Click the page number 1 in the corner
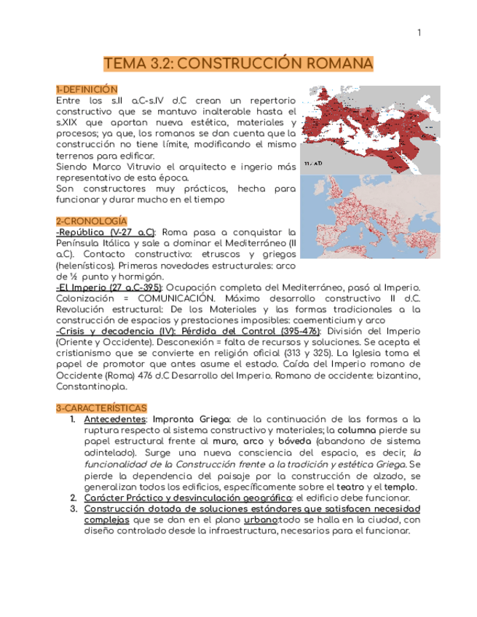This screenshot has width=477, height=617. pos(419,33)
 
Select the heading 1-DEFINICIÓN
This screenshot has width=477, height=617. pos(86,89)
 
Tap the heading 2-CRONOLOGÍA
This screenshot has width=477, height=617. pos(91,220)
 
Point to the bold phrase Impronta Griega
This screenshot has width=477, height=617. pos(189,419)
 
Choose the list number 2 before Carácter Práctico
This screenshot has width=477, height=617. pos(74,498)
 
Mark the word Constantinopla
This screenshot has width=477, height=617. pos(92,386)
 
